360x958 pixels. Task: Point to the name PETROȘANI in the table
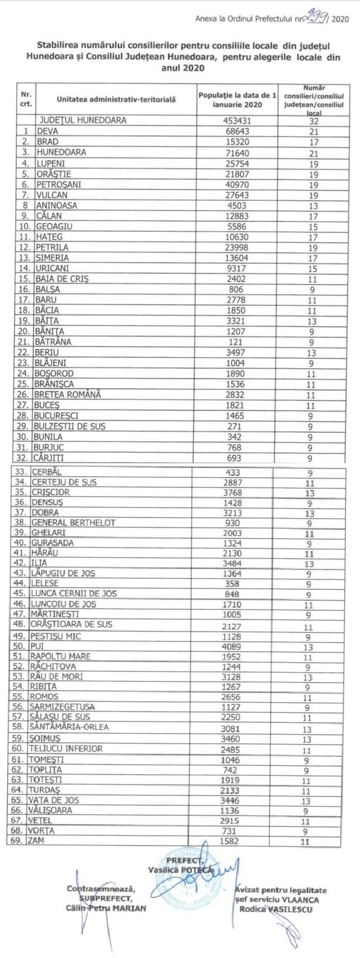(60, 184)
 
